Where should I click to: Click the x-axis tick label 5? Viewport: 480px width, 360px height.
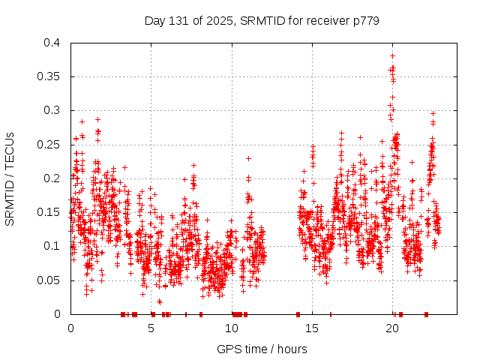point(151,328)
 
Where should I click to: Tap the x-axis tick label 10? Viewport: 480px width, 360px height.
point(232,328)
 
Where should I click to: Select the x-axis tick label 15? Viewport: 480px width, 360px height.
point(313,328)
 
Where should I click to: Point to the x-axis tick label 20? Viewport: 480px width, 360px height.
point(393,328)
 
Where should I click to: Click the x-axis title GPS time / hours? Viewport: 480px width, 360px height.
point(262,349)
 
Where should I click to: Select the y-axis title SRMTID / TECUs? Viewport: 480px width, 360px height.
point(10,178)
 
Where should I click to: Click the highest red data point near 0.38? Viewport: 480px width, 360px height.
point(392,55)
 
